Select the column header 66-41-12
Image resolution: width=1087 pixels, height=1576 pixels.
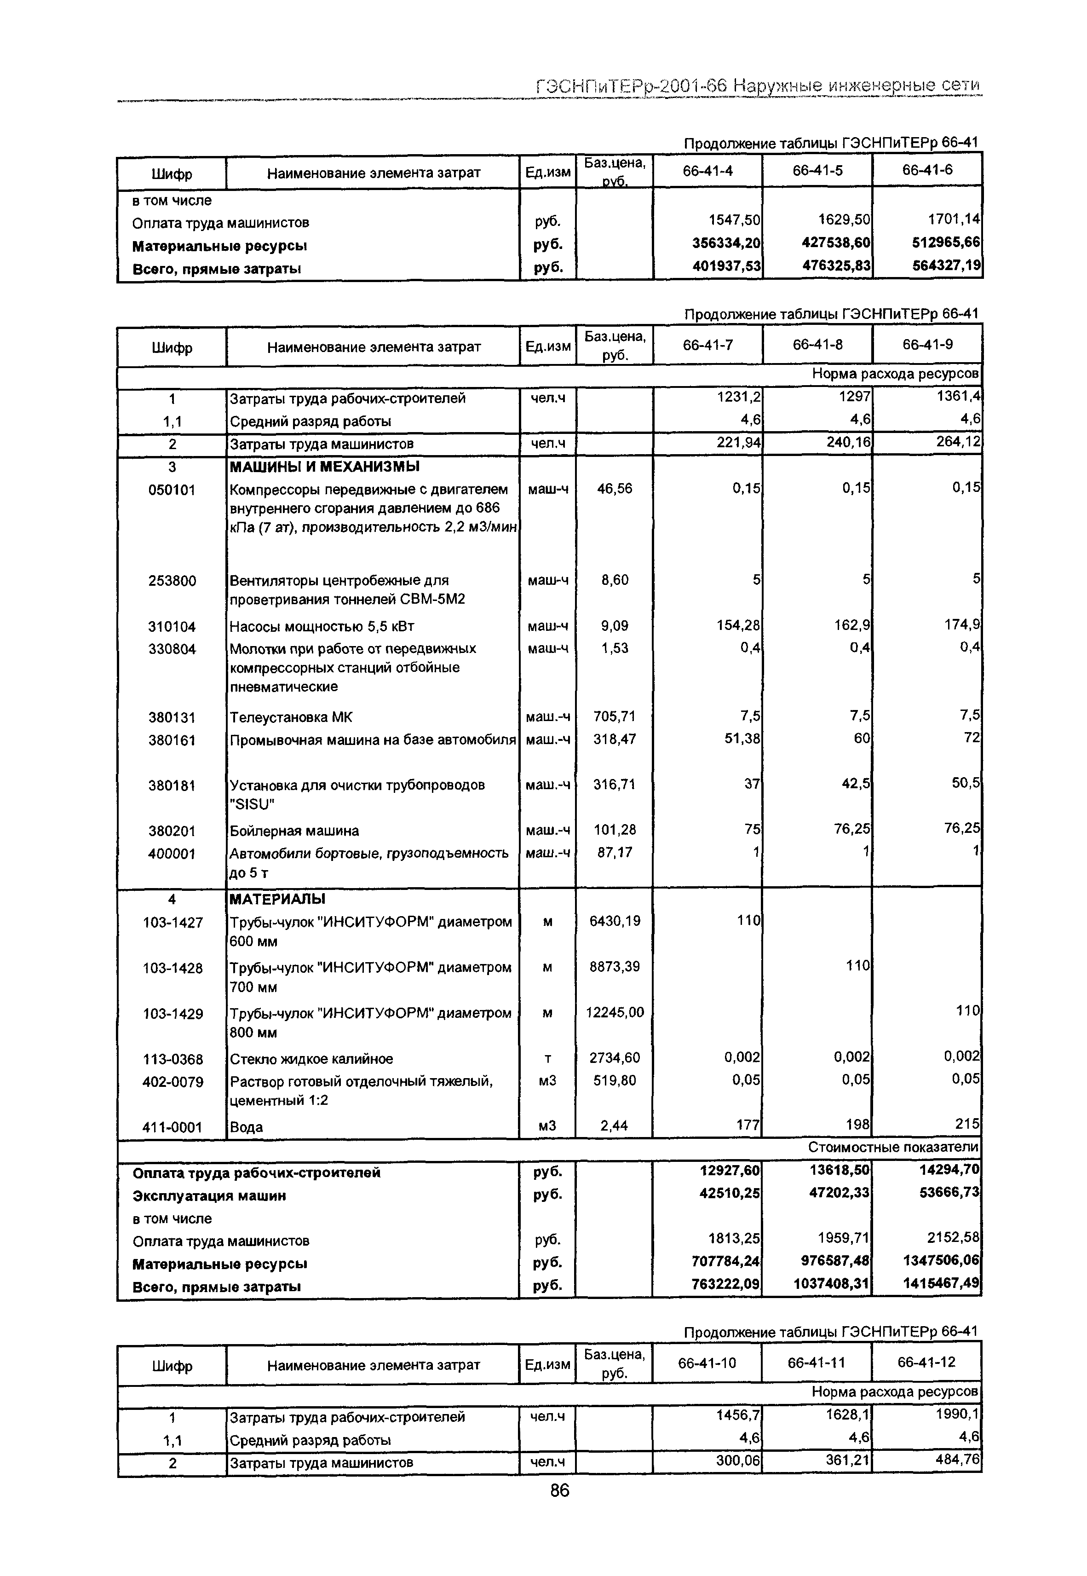[926, 1362]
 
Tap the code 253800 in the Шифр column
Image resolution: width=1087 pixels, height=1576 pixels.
[173, 581]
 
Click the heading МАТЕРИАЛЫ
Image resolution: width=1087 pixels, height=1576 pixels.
[277, 900]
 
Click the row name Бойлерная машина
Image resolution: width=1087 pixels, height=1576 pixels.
[294, 831]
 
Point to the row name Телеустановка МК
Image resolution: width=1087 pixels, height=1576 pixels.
[291, 717]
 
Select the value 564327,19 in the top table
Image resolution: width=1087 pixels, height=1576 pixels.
[946, 266]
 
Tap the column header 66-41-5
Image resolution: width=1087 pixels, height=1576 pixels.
[817, 170]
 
